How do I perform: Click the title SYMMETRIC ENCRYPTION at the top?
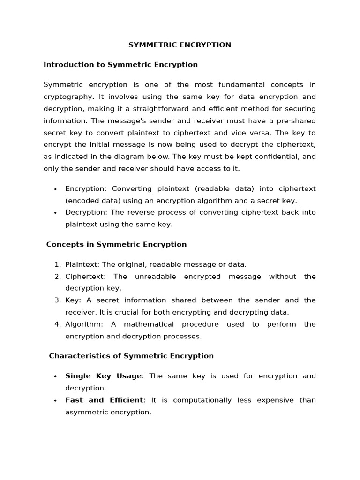point(180,45)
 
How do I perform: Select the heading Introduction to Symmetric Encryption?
point(120,65)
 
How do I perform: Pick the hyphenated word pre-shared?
point(298,121)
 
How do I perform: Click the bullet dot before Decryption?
point(55,213)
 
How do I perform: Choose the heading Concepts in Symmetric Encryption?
point(116,245)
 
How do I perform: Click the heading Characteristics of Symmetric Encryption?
point(131,356)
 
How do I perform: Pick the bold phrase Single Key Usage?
point(103,376)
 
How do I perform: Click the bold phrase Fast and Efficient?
point(104,400)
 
